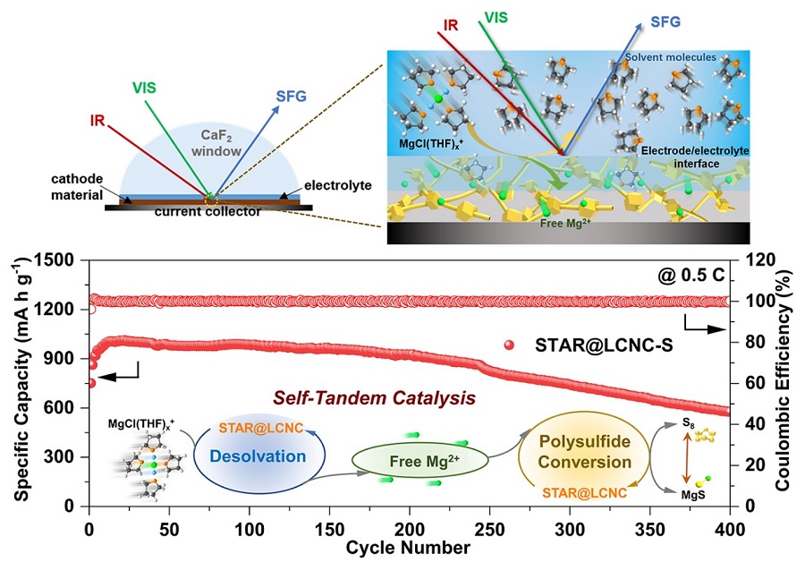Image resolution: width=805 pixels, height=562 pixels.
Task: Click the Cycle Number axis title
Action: click(x=410, y=545)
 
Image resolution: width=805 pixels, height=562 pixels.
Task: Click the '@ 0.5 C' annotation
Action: click(x=696, y=277)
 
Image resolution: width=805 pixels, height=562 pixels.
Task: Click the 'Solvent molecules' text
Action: click(x=671, y=57)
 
